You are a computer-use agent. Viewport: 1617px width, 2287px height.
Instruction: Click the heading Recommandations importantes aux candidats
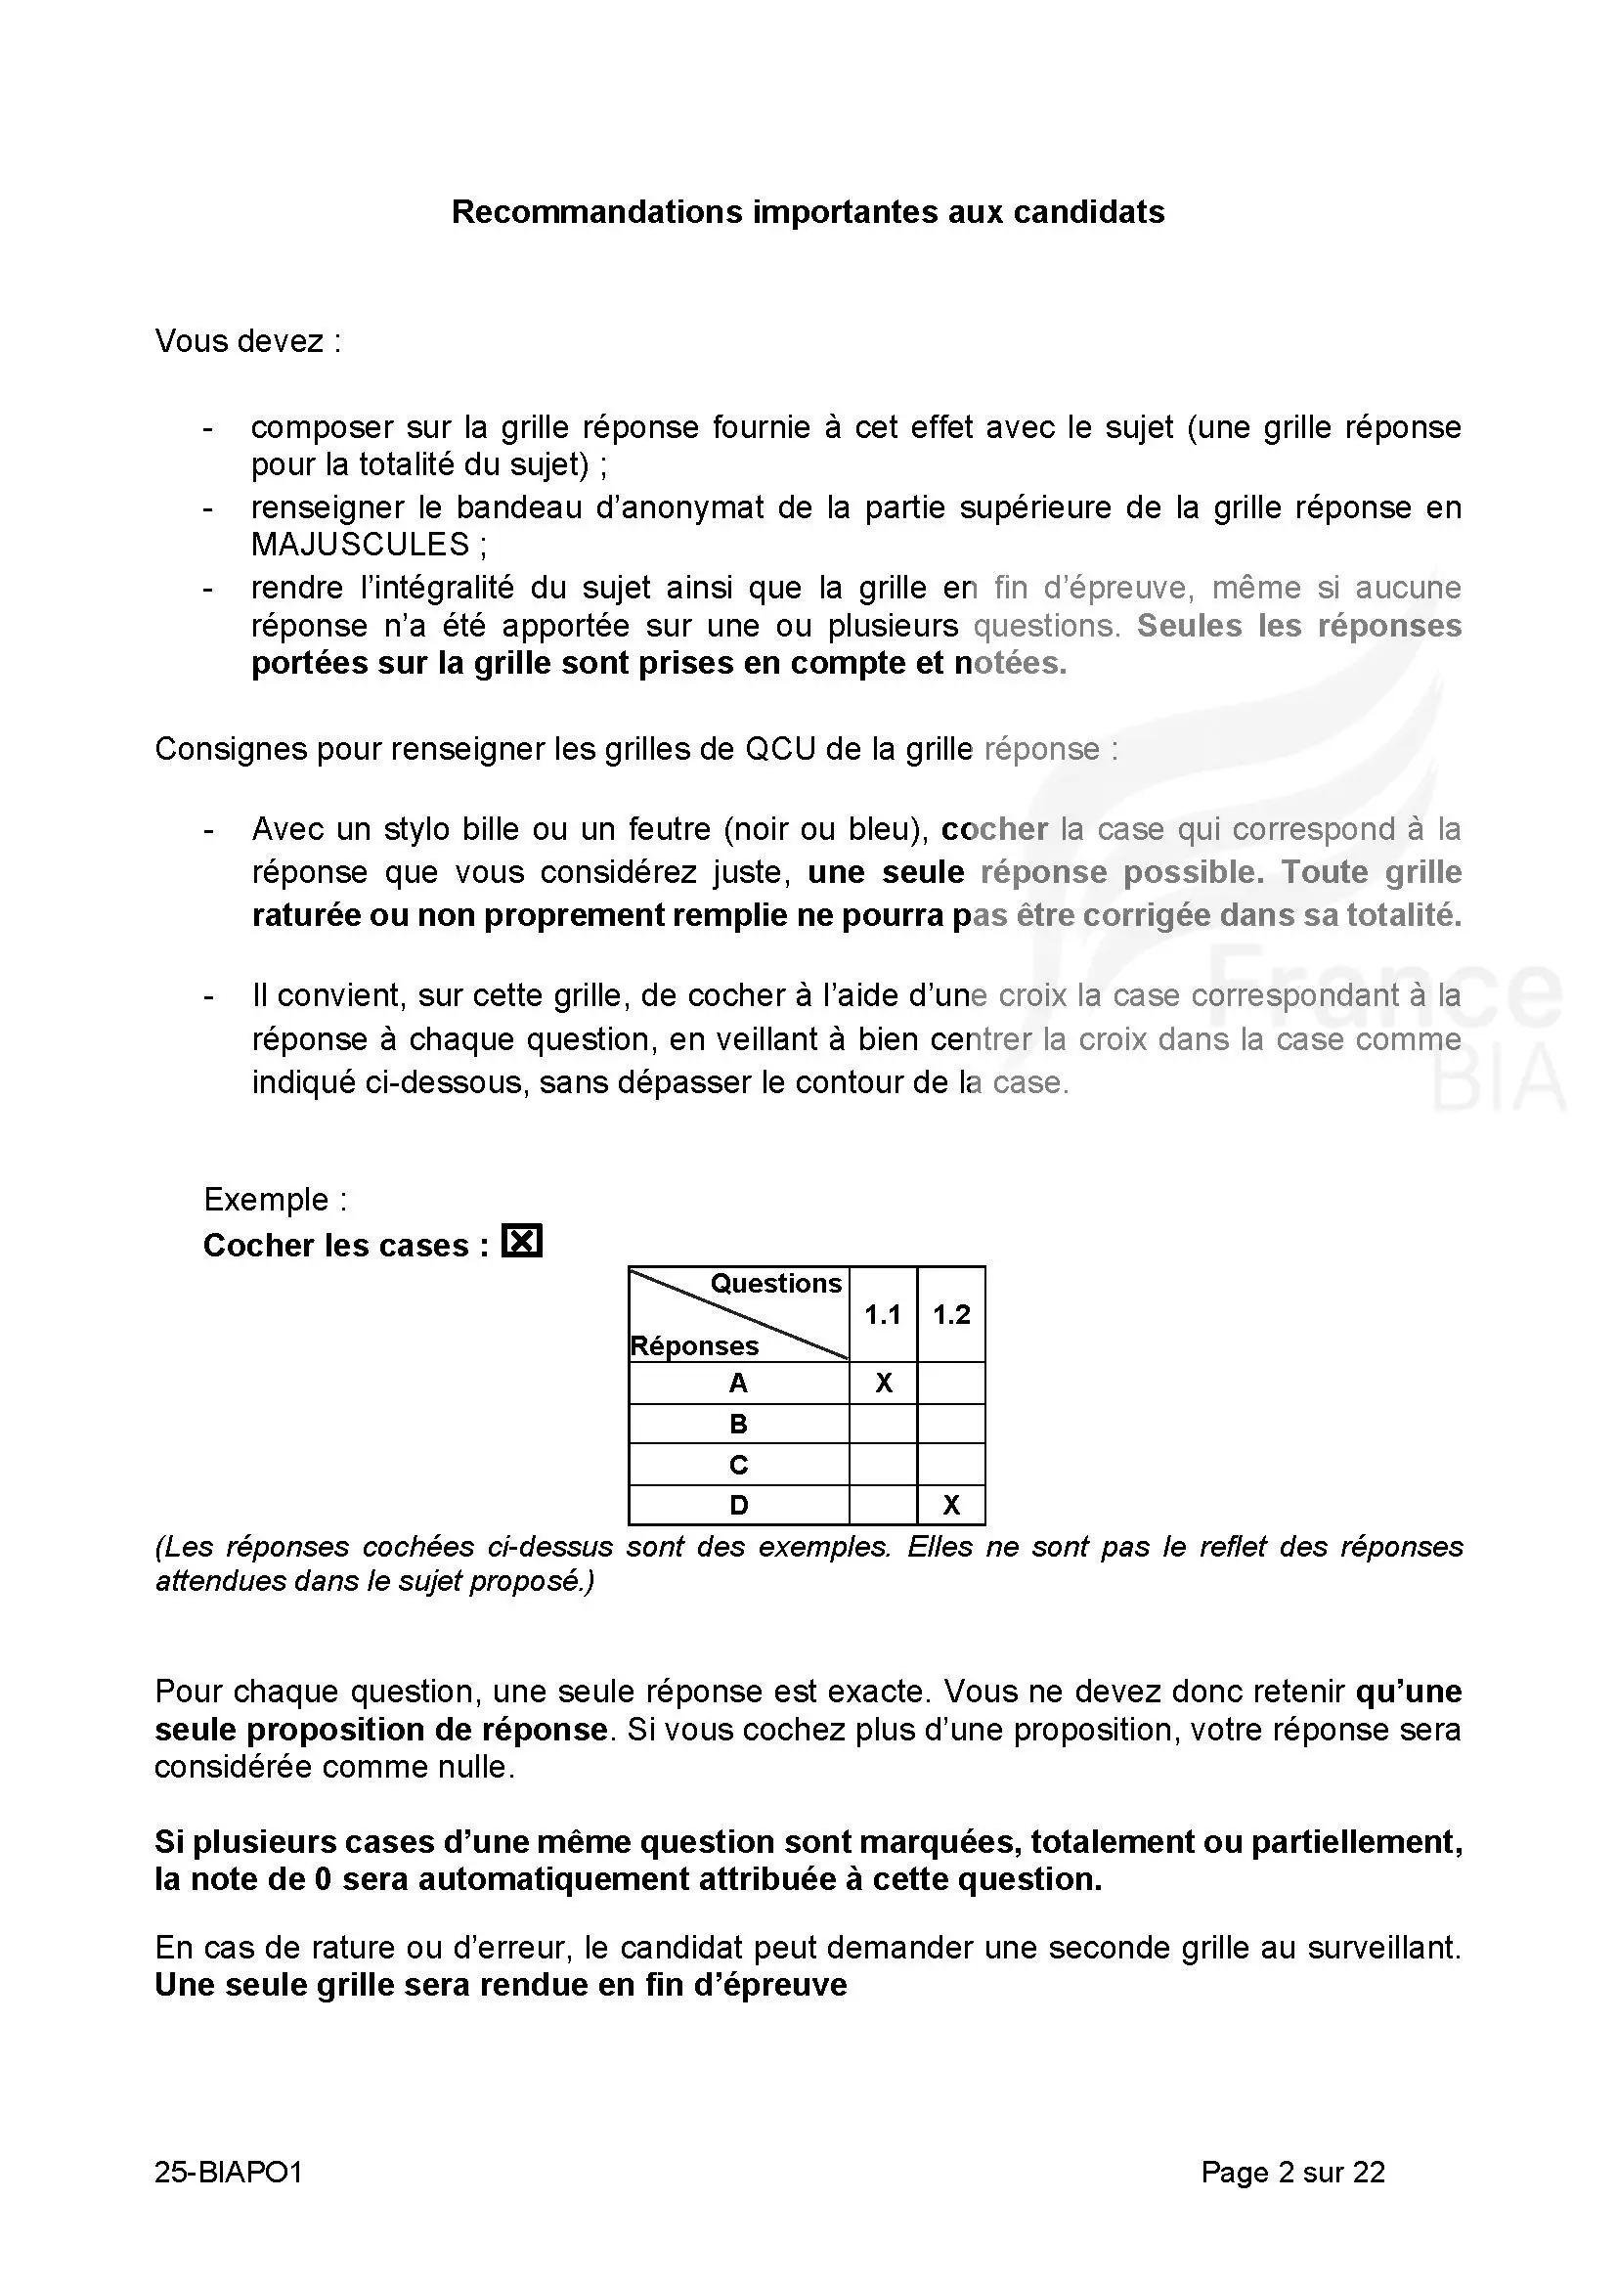point(808,212)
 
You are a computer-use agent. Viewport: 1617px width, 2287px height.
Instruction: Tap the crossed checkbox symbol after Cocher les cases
point(522,1242)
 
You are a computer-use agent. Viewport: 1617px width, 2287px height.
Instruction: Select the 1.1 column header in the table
point(882,1315)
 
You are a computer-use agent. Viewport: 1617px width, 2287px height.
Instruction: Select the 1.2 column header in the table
point(951,1315)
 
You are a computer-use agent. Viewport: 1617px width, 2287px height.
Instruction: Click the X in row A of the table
point(883,1384)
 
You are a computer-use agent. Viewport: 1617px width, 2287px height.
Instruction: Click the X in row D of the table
point(951,1505)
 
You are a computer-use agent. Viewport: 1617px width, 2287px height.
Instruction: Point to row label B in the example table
point(738,1425)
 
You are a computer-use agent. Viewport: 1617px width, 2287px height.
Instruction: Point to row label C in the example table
point(738,1466)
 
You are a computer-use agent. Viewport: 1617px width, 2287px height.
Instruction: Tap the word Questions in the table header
point(775,1284)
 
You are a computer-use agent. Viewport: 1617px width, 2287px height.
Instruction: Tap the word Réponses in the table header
point(694,1346)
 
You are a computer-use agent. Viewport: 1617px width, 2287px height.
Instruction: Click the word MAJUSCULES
point(360,545)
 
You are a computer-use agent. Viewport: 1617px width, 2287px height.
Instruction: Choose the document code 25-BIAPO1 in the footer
point(228,2173)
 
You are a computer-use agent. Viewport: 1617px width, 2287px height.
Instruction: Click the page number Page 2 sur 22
point(1292,2173)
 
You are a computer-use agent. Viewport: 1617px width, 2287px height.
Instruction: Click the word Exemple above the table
point(266,1200)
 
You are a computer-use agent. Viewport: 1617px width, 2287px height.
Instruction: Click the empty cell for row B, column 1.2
point(951,1425)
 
